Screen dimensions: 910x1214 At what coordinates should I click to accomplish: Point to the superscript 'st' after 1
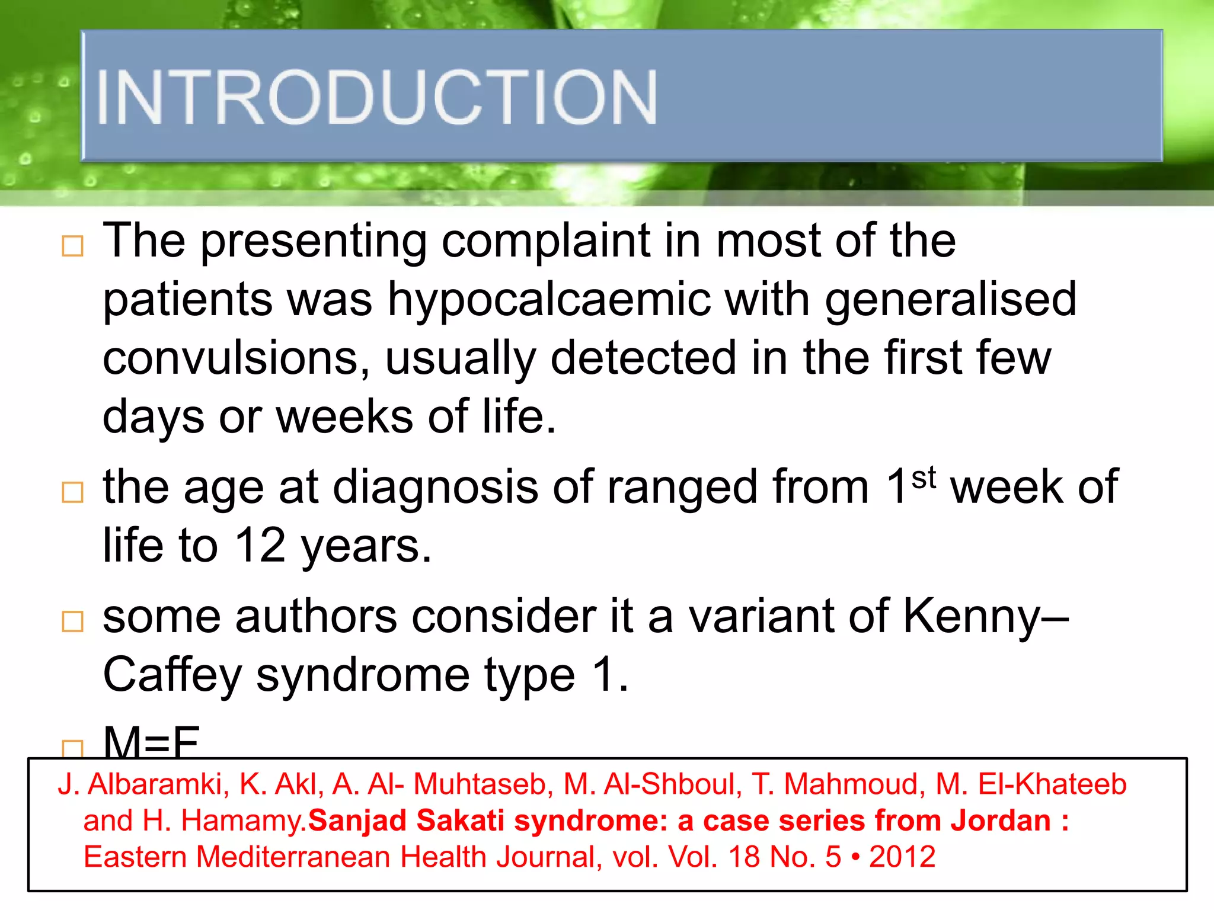(x=924, y=478)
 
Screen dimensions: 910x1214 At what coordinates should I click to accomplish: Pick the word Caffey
(x=172, y=675)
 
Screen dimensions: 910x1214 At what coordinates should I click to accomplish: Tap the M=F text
(x=151, y=742)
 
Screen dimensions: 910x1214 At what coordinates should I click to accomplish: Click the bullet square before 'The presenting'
(x=72, y=246)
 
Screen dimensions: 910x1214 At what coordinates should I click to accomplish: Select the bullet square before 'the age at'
(x=72, y=492)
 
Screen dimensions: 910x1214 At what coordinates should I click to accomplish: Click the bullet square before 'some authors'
(x=72, y=621)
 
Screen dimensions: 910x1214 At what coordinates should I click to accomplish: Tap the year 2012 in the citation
(x=902, y=857)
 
